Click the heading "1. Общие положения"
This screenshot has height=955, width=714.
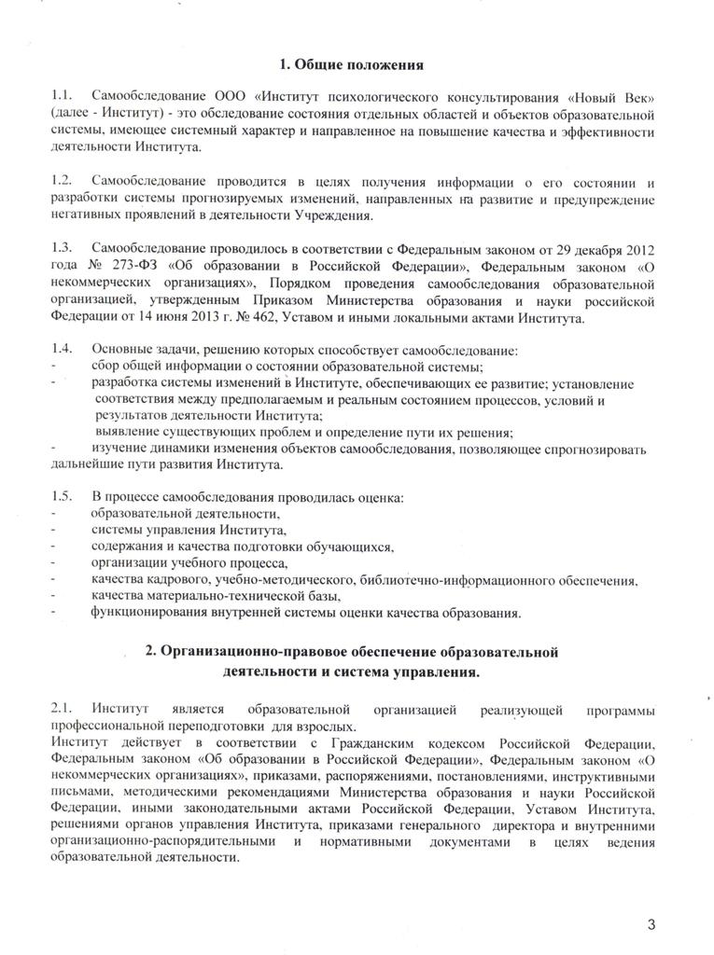coord(353,65)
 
